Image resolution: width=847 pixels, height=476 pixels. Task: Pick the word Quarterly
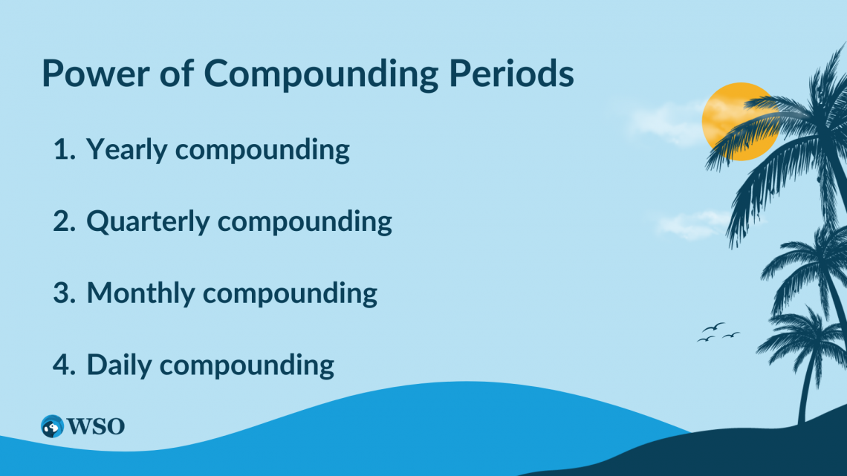(x=149, y=222)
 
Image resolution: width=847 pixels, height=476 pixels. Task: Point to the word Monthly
(x=140, y=293)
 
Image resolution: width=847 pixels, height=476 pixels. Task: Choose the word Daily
(x=119, y=365)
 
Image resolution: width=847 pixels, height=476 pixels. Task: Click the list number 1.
(x=63, y=150)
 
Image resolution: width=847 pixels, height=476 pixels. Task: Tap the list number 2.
(x=64, y=221)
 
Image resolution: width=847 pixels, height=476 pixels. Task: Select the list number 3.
(x=64, y=293)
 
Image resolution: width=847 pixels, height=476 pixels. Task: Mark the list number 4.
(x=64, y=365)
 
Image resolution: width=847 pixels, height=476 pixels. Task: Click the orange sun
(x=732, y=119)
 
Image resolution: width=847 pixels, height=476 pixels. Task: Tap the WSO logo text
(x=96, y=426)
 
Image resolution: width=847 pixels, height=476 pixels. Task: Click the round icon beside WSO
(x=52, y=426)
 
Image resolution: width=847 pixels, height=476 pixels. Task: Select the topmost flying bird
(x=714, y=326)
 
